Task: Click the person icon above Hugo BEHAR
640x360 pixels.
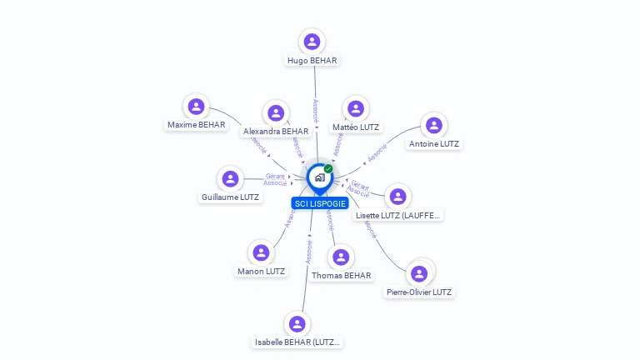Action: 312,41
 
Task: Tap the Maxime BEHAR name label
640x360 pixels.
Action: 196,125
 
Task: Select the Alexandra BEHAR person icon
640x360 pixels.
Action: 276,112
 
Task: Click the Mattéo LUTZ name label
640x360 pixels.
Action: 356,127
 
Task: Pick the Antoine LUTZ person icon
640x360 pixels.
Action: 433,125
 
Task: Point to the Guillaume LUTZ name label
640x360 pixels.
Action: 230,197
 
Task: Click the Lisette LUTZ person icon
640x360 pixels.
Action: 398,196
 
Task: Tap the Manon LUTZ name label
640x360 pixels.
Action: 261,271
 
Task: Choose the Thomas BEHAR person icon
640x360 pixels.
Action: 341,257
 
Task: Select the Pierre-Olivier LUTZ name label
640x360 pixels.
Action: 419,292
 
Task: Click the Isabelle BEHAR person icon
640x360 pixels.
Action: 297,324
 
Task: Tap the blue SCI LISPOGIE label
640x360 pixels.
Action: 320,203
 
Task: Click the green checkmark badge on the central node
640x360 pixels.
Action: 328,168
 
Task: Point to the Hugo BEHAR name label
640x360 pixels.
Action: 312,61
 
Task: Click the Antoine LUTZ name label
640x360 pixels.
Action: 434,144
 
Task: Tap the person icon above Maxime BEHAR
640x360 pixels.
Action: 196,106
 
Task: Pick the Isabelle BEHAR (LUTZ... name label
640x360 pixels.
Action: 297,342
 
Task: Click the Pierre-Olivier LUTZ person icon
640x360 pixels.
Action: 419,273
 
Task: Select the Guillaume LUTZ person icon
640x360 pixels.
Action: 230,178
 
